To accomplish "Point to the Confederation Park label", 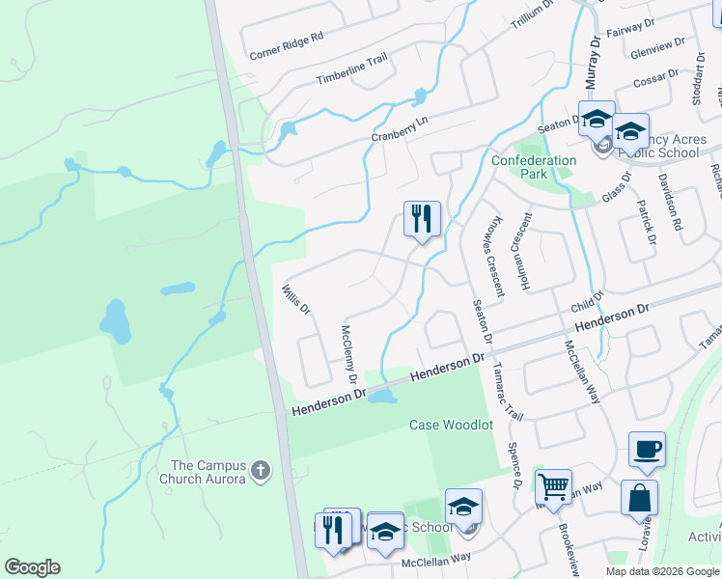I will coord(534,167).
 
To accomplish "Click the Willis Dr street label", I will coord(295,299).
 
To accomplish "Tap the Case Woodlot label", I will coord(451,425).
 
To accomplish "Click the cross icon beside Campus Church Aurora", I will coord(258,471).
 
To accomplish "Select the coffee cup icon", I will coord(647,449).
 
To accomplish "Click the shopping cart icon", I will coord(553,486).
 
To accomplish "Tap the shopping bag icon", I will coord(639,497).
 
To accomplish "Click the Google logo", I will coord(32,567).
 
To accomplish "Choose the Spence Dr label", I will coord(518,464).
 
